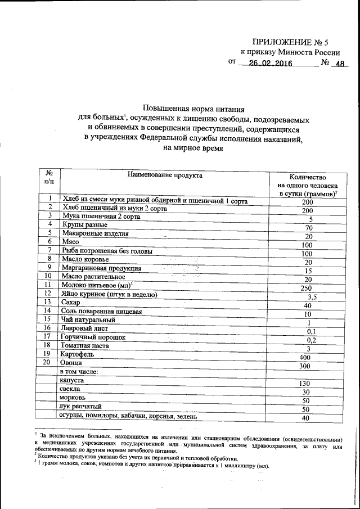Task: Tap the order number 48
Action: click(x=339, y=64)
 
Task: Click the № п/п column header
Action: click(x=49, y=178)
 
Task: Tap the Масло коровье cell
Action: click(x=84, y=258)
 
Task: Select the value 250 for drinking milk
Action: click(x=306, y=288)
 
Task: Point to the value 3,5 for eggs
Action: click(x=306, y=296)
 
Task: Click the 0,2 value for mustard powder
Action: click(x=306, y=340)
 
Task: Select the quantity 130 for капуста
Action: click(x=306, y=384)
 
